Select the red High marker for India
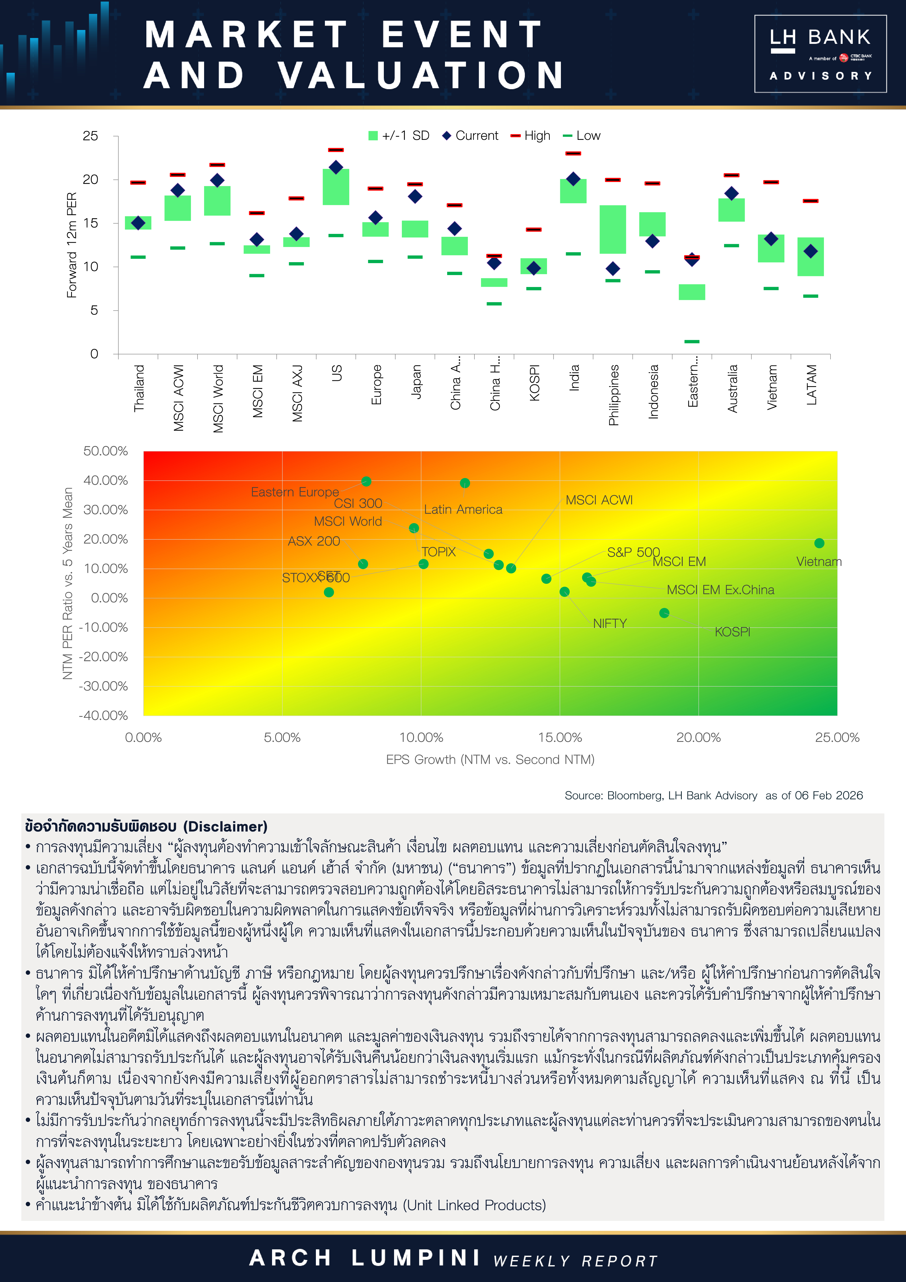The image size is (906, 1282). click(573, 153)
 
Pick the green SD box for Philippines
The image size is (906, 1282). click(613, 230)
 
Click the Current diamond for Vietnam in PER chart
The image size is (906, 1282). click(771, 239)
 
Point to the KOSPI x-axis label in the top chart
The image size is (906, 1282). click(534, 383)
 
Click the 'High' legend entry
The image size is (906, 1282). click(531, 136)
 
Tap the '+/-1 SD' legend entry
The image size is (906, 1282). click(399, 136)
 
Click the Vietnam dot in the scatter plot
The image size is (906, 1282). click(819, 543)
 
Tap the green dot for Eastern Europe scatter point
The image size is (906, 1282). click(366, 481)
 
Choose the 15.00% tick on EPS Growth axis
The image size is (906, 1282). click(560, 737)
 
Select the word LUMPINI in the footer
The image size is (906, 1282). click(416, 1258)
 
